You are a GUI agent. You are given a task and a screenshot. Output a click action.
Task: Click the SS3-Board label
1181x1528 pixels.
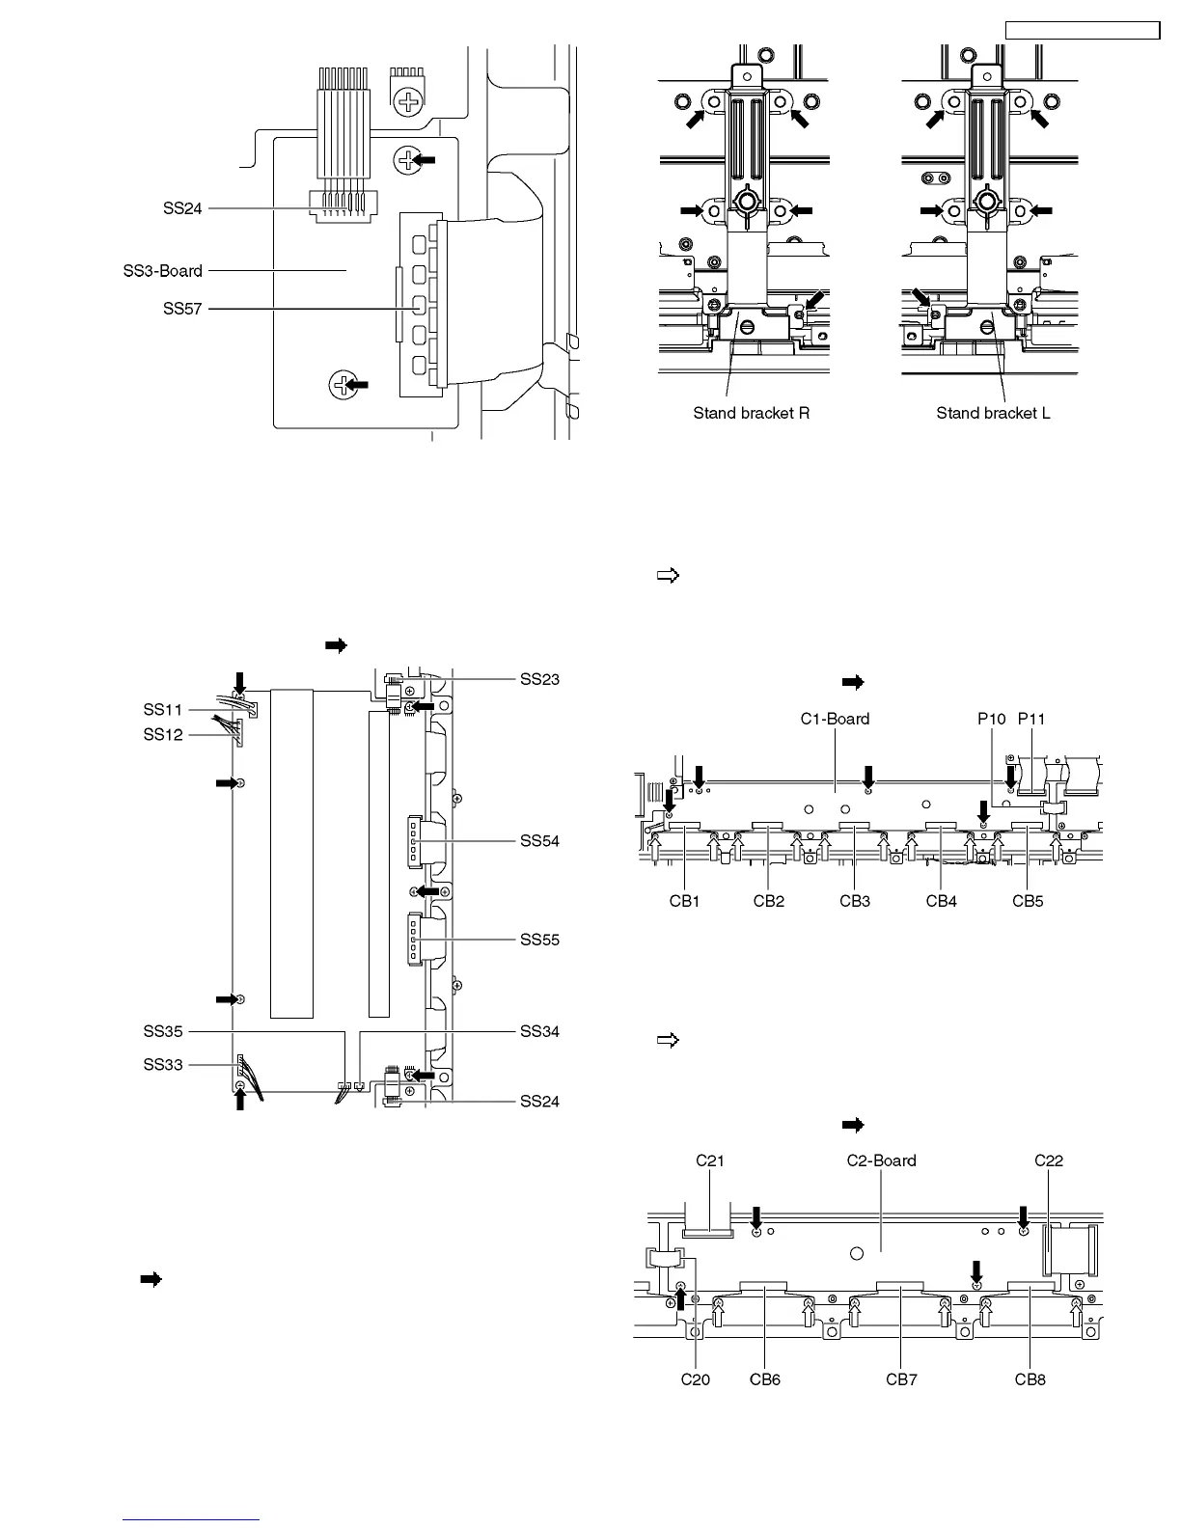163,271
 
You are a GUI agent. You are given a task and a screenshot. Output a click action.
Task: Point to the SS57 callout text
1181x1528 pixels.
182,310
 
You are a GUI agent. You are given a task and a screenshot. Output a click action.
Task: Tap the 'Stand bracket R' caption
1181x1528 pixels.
751,414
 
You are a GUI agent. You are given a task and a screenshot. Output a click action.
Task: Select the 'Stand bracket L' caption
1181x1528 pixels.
993,414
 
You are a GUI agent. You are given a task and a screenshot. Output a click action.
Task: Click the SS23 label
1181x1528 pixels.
539,680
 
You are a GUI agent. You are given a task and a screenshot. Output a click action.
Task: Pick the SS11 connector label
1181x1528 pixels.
163,710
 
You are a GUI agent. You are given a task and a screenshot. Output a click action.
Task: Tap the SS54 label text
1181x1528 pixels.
539,841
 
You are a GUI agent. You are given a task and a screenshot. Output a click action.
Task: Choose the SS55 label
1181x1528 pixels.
539,940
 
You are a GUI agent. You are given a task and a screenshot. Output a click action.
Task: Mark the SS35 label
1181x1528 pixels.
163,1032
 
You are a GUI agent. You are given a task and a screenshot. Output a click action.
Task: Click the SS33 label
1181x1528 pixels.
163,1065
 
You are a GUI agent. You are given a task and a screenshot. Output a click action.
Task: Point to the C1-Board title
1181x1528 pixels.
835,719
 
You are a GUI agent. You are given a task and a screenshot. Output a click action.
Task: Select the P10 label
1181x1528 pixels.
991,719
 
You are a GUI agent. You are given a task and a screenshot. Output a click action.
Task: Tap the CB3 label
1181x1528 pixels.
855,902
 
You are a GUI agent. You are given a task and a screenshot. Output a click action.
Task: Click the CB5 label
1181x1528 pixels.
1028,902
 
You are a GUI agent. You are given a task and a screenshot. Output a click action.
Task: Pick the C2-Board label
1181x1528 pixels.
881,1160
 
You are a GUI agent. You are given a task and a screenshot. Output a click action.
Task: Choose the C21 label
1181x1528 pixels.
710,1160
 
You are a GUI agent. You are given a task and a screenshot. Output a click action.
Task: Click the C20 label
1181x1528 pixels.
695,1379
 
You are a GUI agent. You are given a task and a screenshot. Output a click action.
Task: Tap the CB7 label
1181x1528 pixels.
901,1379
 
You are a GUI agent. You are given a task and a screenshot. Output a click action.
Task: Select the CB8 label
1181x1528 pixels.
1030,1379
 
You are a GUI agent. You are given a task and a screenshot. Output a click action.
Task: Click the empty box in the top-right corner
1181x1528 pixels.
1082,31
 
